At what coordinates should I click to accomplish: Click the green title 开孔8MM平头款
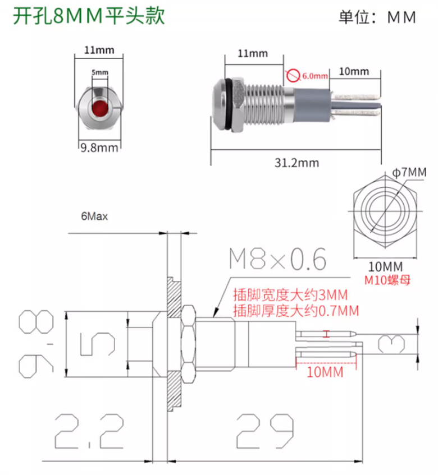point(89,16)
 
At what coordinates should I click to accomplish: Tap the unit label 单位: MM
point(377,17)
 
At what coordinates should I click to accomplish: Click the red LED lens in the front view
point(100,108)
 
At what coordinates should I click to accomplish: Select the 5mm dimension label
point(100,72)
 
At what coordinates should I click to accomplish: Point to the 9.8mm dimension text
point(99,148)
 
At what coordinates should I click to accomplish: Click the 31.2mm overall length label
point(297,163)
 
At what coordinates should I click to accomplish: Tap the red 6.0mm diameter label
point(315,76)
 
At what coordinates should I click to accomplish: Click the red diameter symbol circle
point(293,76)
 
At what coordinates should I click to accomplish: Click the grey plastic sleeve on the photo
point(312,105)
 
